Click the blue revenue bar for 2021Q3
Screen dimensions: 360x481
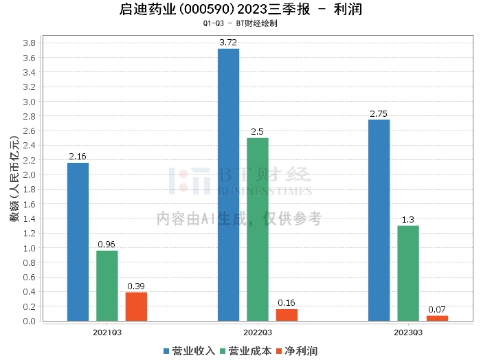point(78,241)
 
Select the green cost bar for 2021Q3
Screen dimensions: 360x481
point(107,285)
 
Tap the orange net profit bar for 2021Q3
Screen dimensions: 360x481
point(136,306)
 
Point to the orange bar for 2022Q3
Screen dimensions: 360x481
point(287,315)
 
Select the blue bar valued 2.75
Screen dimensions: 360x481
point(379,220)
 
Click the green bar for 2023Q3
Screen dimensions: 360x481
point(407,273)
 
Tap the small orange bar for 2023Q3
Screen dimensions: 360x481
point(437,318)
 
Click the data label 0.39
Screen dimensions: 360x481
point(136,286)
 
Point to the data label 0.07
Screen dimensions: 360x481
point(437,310)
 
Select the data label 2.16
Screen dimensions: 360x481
point(78,157)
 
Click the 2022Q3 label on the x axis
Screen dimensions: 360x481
point(258,332)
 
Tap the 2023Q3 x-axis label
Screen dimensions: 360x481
point(408,332)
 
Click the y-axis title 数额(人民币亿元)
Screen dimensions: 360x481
point(14,179)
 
